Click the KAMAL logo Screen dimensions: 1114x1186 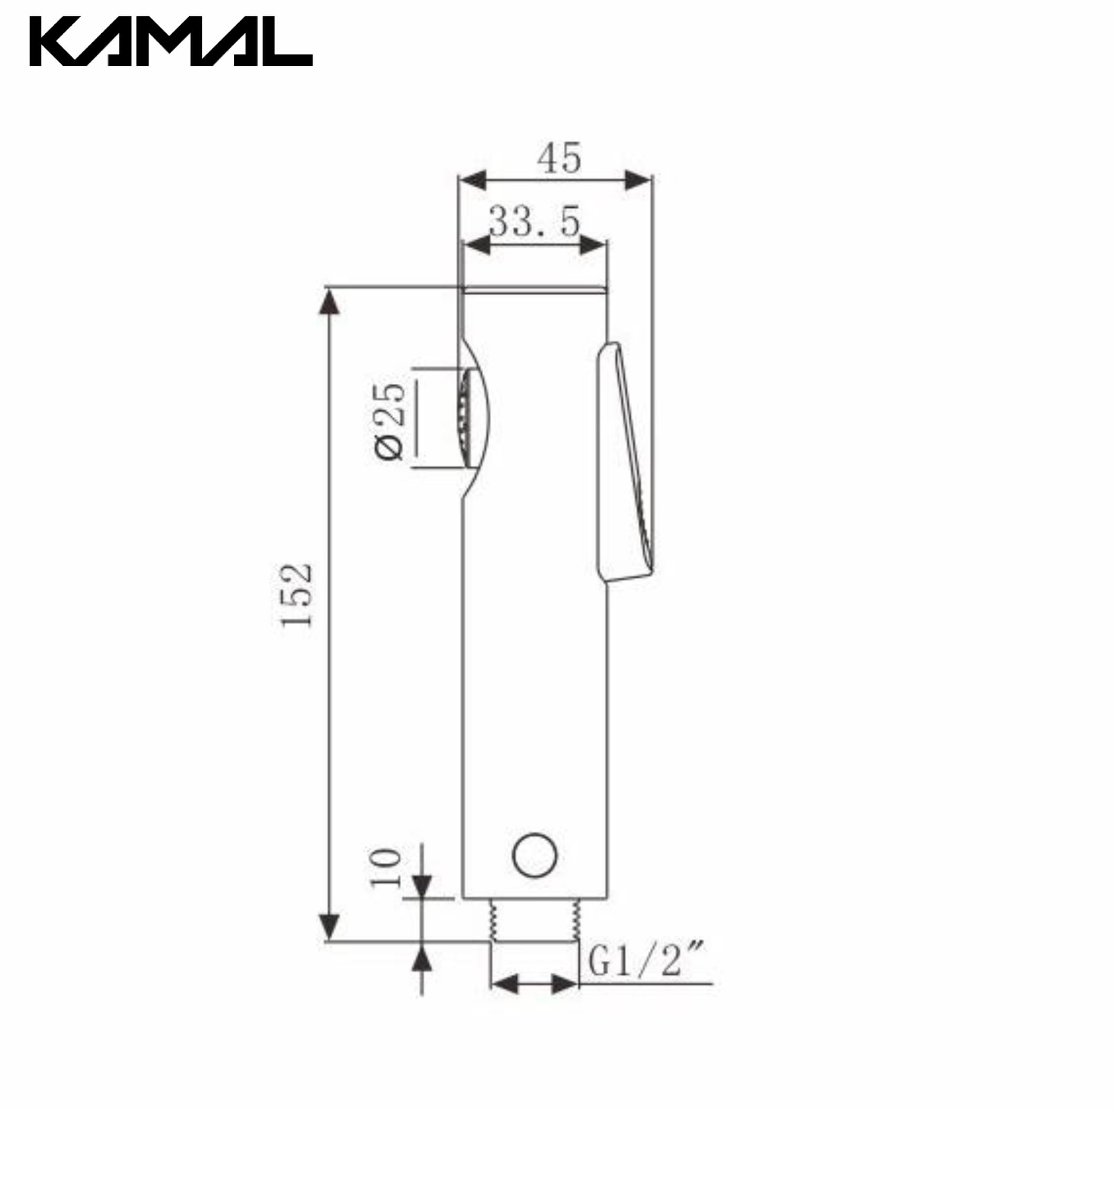coord(171,41)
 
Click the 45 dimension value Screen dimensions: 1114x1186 coord(559,158)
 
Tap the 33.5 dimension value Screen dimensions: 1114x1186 coord(534,221)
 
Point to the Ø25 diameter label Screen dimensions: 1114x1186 coord(389,421)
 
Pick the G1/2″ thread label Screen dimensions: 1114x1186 coord(647,959)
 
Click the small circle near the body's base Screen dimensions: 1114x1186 coord(535,856)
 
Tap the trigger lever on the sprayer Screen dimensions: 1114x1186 coord(625,462)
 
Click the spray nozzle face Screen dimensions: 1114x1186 coord(464,418)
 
